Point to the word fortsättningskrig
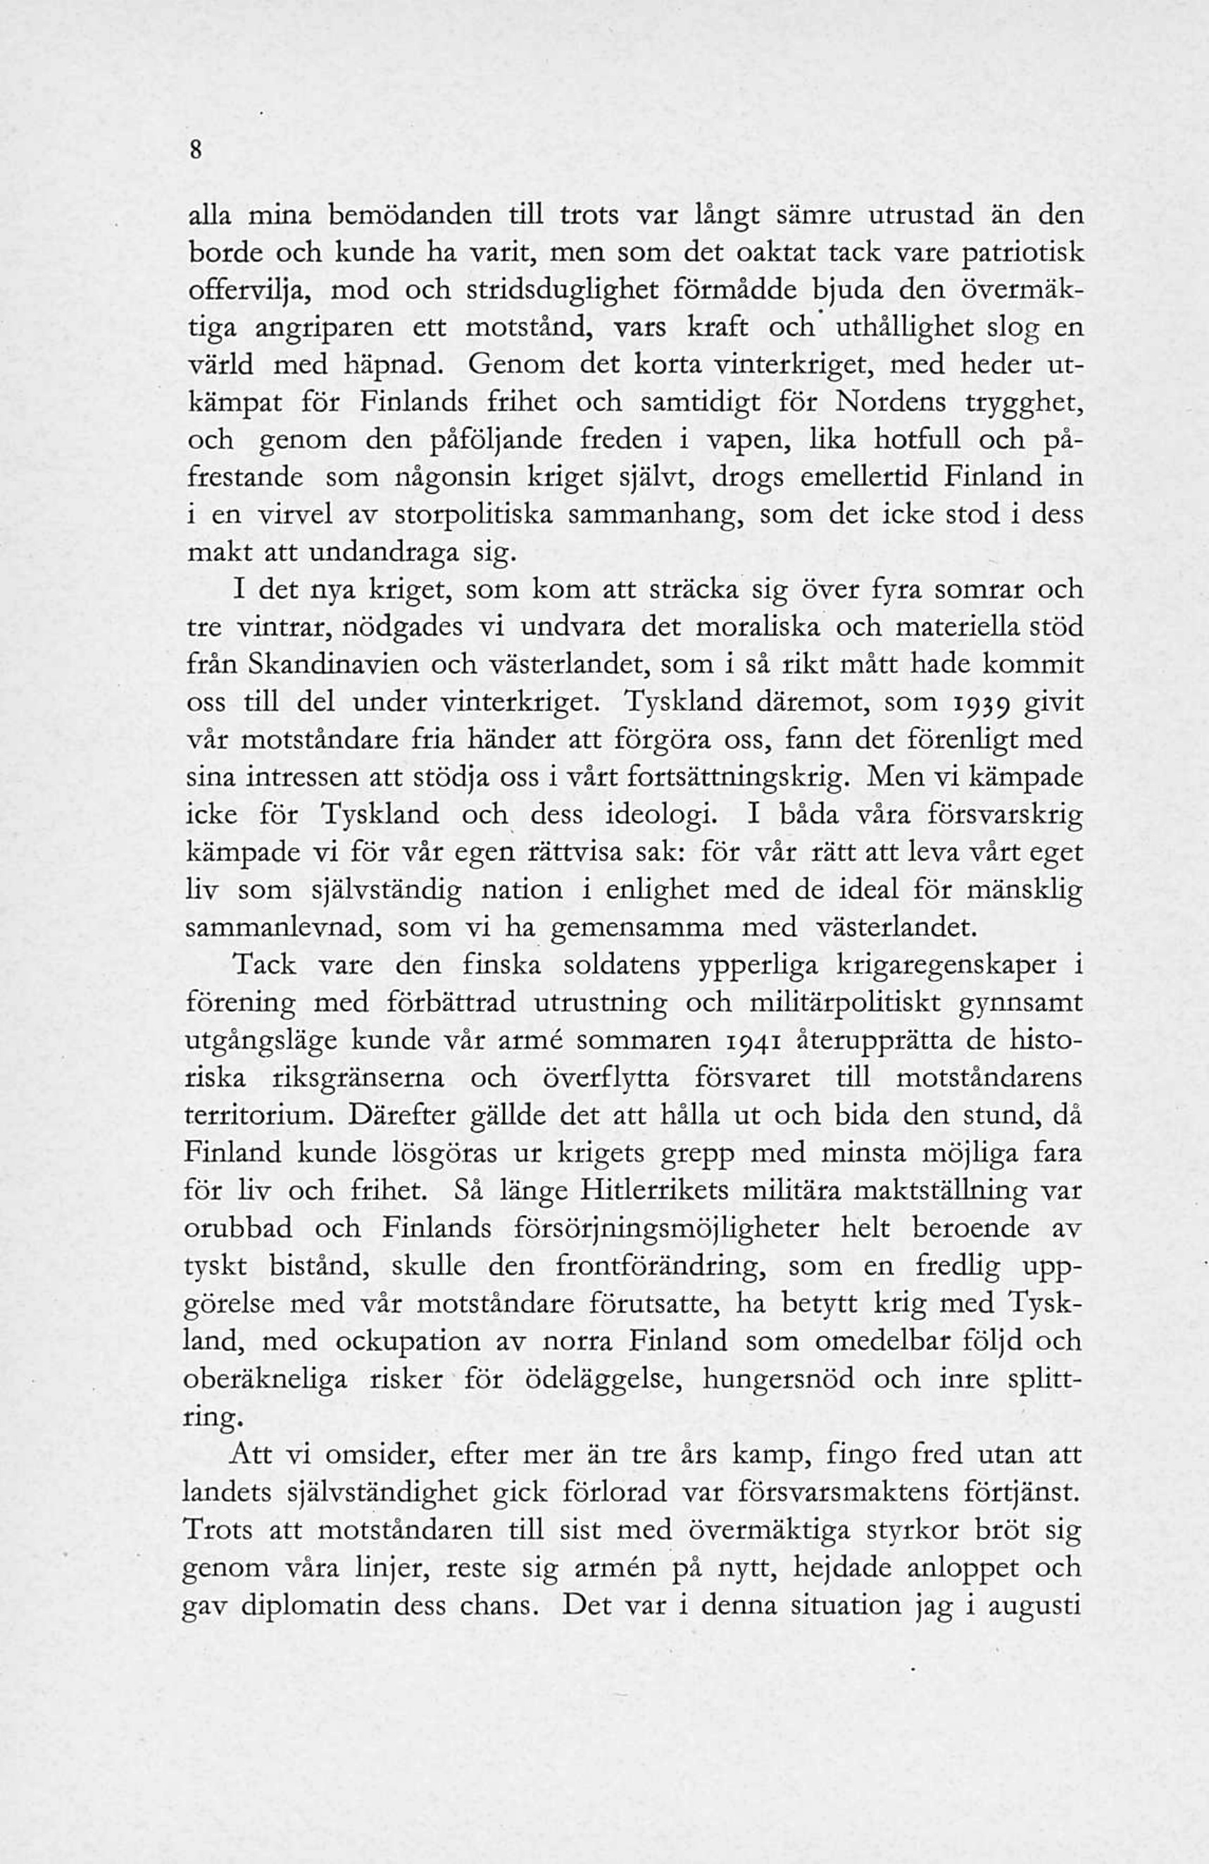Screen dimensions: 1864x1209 click(735, 778)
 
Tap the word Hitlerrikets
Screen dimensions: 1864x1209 click(655, 1192)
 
